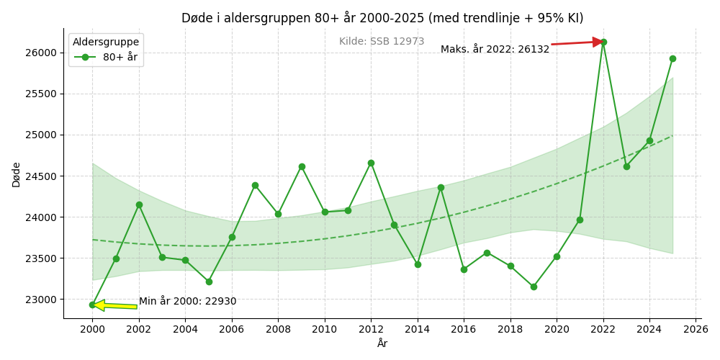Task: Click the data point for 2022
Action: click(x=603, y=42)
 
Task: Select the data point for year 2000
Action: click(x=92, y=305)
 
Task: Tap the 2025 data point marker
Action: click(x=672, y=59)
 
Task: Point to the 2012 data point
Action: click(x=371, y=163)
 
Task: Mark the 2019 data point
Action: click(x=534, y=287)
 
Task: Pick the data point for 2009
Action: click(x=302, y=167)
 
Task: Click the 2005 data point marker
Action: click(x=209, y=282)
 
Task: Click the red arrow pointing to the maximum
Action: click(x=577, y=43)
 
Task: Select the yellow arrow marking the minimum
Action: click(x=114, y=305)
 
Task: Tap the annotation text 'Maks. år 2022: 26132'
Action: click(x=495, y=49)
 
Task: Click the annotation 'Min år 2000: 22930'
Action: click(x=188, y=302)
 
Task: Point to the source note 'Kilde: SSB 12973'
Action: click(x=382, y=41)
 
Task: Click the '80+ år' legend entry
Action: click(x=106, y=58)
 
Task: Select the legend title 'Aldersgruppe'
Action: click(x=106, y=42)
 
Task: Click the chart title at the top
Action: click(x=382, y=18)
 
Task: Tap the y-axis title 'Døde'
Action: click(x=17, y=174)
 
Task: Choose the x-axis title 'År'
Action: click(x=382, y=343)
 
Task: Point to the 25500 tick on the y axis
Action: click(x=43, y=94)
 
